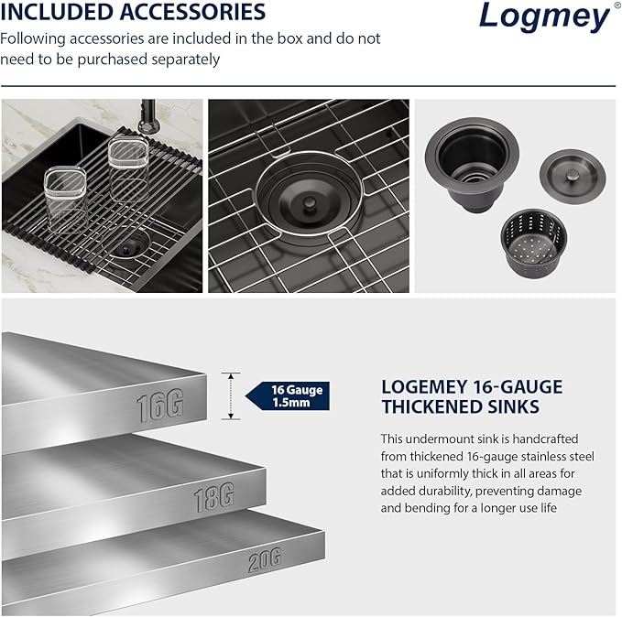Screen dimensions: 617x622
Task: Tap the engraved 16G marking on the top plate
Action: (x=160, y=406)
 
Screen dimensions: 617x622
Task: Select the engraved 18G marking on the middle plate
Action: (x=213, y=497)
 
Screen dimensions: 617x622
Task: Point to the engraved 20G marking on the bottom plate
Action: (x=263, y=559)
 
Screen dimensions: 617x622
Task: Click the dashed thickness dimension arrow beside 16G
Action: (x=232, y=395)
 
